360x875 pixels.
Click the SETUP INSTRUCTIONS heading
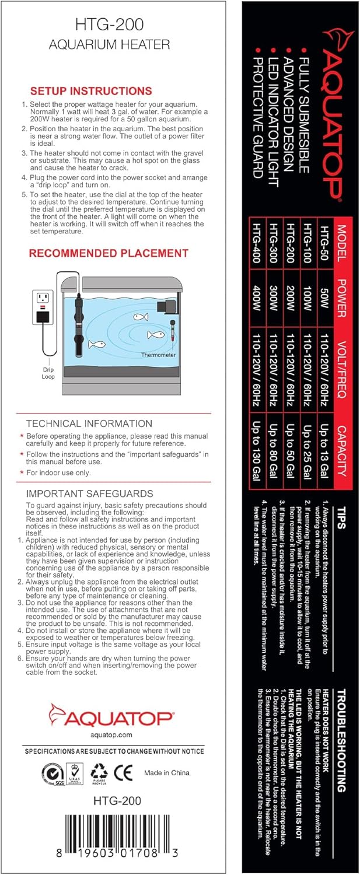click(x=91, y=91)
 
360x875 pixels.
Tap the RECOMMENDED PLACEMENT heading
click(x=109, y=253)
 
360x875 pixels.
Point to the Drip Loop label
click(x=48, y=373)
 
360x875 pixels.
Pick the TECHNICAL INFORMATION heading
click(x=89, y=423)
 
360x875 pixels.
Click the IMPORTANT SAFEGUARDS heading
click(x=90, y=494)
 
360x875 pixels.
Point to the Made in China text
click(x=167, y=773)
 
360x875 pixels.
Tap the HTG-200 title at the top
click(x=110, y=24)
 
